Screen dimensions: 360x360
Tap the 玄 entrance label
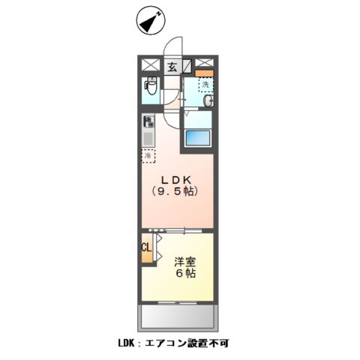click(x=172, y=66)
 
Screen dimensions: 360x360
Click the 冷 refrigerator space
click(x=148, y=156)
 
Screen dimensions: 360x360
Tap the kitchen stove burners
click(x=148, y=121)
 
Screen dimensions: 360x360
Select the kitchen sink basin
click(x=148, y=138)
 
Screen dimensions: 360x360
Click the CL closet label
click(x=146, y=245)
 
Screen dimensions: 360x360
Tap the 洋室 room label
click(x=185, y=262)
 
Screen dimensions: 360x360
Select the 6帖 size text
click(x=186, y=274)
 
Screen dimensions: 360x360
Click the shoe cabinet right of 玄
click(x=187, y=65)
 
